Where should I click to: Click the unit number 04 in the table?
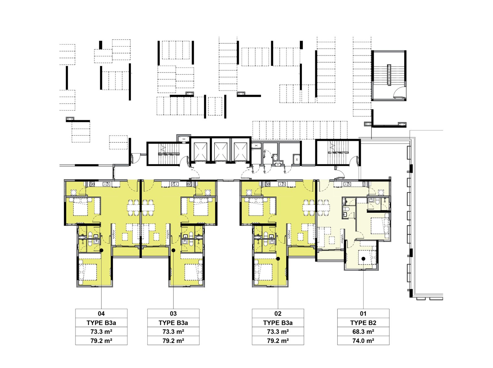coord(101,313)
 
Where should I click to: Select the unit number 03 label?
coord(173,313)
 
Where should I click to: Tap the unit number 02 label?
coord(278,313)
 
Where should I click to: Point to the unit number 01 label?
coord(363,313)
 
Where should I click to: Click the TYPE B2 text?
coord(363,323)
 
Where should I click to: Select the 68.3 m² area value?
coord(363,332)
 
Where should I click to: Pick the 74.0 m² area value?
coord(363,341)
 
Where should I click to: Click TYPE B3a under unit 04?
coord(101,323)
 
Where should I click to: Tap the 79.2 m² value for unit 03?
coord(173,341)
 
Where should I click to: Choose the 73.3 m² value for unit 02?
coord(278,332)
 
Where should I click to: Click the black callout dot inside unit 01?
coord(363,259)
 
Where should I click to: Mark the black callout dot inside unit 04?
coord(101,250)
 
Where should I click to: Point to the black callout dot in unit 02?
coord(278,259)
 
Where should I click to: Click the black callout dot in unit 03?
coord(173,250)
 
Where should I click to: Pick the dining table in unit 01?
coord(323,207)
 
